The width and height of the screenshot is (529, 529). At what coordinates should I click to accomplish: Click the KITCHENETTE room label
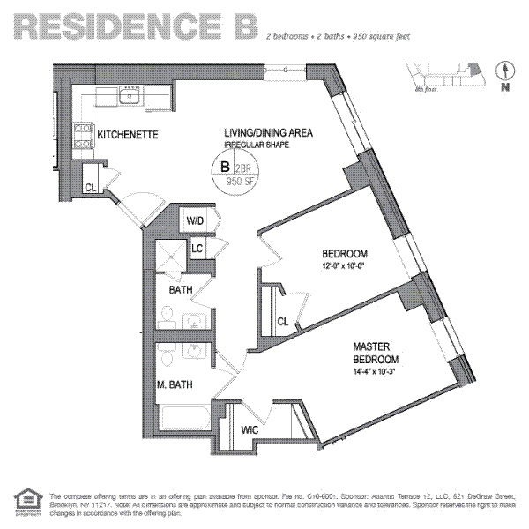[x=126, y=135]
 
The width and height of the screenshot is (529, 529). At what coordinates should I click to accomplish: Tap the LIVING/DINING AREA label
[x=268, y=132]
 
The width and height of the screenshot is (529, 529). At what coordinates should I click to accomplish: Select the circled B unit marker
[x=225, y=166]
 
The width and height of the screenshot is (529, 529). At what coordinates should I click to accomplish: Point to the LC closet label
[x=197, y=250]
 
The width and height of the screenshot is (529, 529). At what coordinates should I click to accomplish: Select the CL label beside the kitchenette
[x=91, y=187]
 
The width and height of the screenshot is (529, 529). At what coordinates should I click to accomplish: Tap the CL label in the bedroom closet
[x=282, y=321]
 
